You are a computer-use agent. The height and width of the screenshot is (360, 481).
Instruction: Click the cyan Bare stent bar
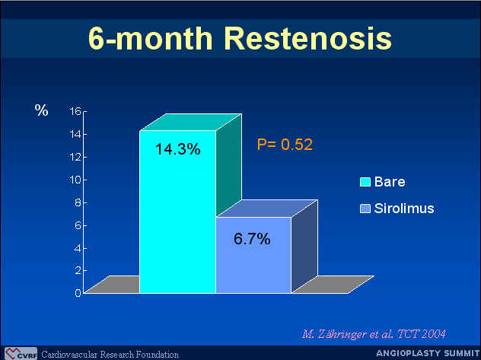click(177, 212)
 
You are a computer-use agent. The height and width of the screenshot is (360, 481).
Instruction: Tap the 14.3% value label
click(177, 149)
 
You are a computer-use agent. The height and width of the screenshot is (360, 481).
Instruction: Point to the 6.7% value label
click(252, 239)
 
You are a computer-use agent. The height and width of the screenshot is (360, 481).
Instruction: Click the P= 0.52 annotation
click(285, 145)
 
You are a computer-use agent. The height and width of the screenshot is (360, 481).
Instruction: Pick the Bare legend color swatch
click(365, 182)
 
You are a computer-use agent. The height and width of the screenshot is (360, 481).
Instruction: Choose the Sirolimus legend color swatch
click(365, 209)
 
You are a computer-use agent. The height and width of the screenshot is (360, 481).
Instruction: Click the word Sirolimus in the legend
click(404, 209)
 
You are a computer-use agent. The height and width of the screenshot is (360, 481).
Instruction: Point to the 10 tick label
click(75, 180)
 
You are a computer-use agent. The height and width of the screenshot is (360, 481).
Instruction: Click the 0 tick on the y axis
click(78, 293)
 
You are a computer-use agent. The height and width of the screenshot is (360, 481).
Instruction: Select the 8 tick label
click(78, 202)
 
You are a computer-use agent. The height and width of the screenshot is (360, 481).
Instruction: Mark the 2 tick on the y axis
click(78, 270)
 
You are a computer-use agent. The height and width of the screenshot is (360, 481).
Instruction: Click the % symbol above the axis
click(41, 110)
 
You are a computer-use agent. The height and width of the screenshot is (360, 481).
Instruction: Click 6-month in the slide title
click(151, 38)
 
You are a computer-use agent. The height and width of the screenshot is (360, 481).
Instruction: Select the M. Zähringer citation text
click(374, 333)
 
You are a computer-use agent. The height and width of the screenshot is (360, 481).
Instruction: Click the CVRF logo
click(21, 354)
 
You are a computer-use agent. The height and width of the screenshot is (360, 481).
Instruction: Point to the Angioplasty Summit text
click(428, 353)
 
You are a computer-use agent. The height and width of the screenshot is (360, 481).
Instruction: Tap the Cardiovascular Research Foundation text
click(110, 355)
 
